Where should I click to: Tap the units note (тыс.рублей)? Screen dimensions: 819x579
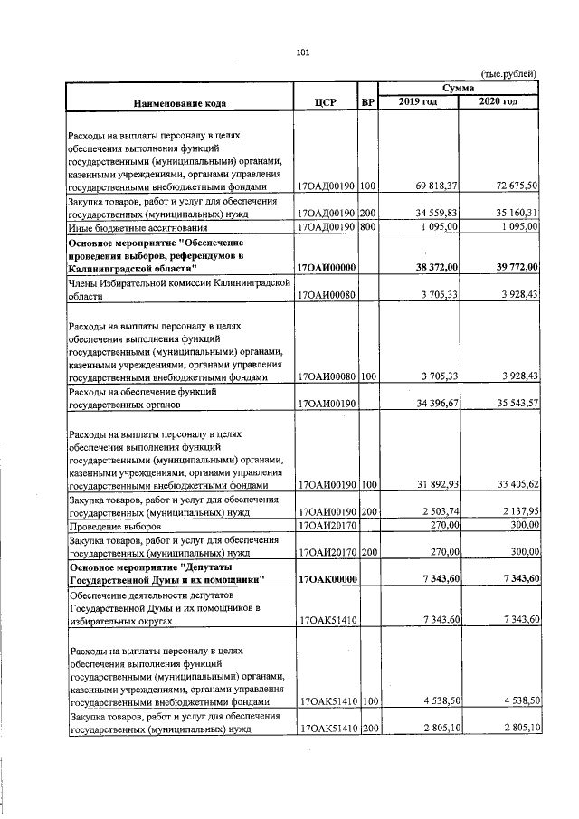508,73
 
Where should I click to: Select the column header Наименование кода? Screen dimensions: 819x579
180,102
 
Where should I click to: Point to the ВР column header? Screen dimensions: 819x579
367,102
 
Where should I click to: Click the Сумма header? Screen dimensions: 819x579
459,88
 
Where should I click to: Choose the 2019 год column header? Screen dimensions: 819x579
418,101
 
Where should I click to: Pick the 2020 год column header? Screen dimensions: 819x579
498,101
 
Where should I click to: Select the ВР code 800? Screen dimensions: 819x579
367,228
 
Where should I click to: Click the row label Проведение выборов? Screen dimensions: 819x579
115,525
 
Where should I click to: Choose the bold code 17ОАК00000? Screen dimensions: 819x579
328,578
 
